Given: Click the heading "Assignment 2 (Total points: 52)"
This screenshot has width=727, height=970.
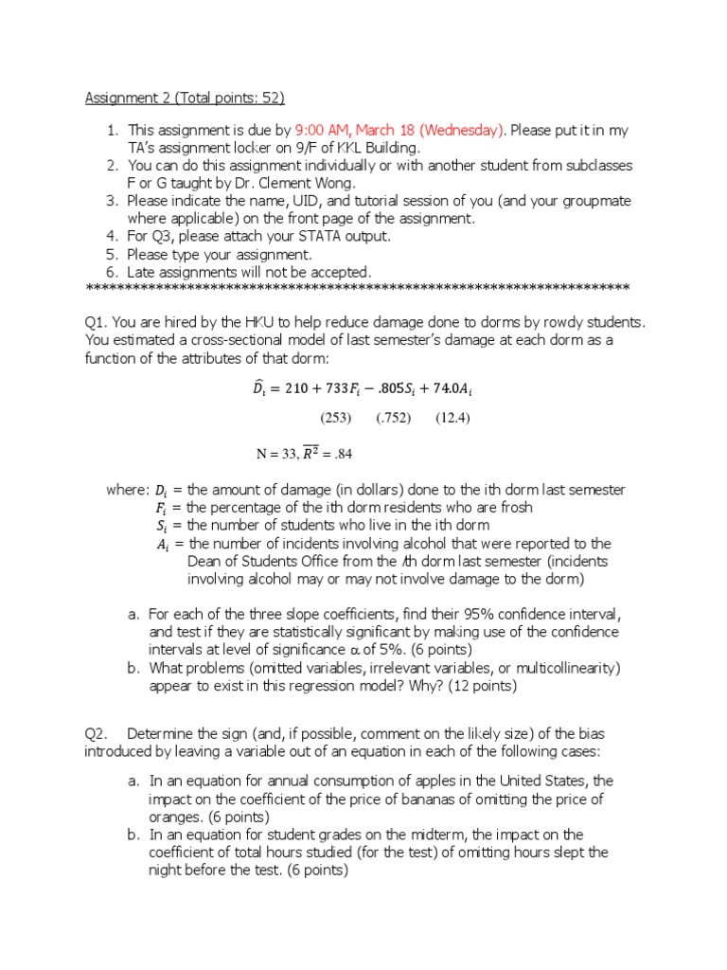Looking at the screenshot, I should tap(185, 98).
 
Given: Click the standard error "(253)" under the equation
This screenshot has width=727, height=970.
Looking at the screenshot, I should tap(335, 418).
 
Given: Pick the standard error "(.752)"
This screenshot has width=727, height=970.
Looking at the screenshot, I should tap(393, 418).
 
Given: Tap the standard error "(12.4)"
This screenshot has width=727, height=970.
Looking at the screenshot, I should tap(452, 418).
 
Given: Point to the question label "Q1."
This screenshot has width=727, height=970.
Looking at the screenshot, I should tap(97, 322).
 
